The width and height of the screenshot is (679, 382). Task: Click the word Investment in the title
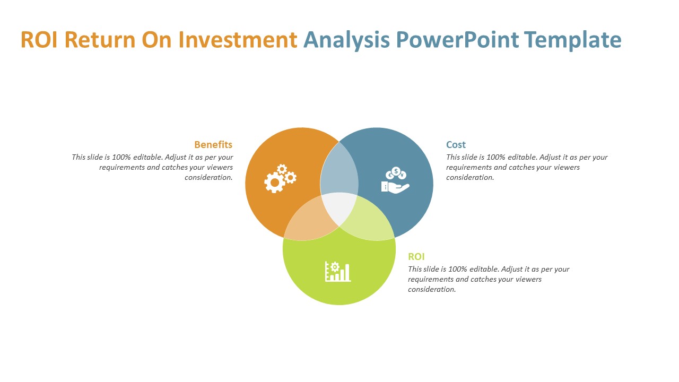tap(238, 39)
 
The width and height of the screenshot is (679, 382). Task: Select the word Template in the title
tap(573, 40)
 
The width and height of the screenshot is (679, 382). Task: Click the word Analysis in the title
tap(346, 40)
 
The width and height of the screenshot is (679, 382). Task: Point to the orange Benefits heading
tap(213, 145)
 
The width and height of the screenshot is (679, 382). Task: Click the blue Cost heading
tap(456, 145)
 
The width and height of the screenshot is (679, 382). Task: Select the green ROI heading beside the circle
tap(416, 256)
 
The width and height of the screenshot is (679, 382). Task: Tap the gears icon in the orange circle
tap(280, 178)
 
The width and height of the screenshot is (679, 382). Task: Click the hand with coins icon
tap(395, 180)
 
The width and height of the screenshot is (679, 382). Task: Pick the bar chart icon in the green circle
tap(338, 271)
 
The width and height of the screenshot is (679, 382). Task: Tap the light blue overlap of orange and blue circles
tap(339, 170)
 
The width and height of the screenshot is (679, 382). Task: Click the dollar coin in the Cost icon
tap(396, 171)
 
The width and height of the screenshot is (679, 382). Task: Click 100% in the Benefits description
tap(121, 157)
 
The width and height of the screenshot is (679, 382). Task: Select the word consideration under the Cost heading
tap(470, 177)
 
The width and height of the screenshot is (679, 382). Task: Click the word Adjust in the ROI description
tap(512, 269)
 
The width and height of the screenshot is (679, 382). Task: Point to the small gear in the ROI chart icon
tap(335, 267)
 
